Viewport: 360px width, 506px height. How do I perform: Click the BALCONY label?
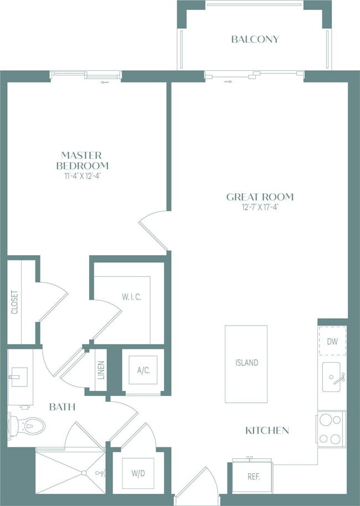255,39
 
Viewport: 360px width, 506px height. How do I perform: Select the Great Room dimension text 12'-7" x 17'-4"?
260,207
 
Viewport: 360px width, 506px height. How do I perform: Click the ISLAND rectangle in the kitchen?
246,364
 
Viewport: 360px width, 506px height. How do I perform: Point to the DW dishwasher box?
332,341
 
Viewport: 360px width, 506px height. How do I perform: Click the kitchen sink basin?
331,377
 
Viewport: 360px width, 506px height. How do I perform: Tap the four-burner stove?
331,429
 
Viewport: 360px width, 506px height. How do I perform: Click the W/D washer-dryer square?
138,473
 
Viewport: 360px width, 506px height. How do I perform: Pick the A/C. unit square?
143,370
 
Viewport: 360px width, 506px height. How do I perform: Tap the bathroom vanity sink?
19,377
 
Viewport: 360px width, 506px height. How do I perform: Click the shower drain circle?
84,473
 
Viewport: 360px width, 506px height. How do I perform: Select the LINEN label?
101,370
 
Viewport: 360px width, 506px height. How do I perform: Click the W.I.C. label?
132,297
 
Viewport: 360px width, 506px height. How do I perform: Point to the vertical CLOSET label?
14,302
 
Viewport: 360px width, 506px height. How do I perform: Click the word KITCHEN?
267,431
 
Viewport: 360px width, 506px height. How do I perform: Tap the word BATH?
63,407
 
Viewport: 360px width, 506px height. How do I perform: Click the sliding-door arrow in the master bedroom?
105,82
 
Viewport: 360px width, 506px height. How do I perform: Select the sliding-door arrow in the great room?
228,82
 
